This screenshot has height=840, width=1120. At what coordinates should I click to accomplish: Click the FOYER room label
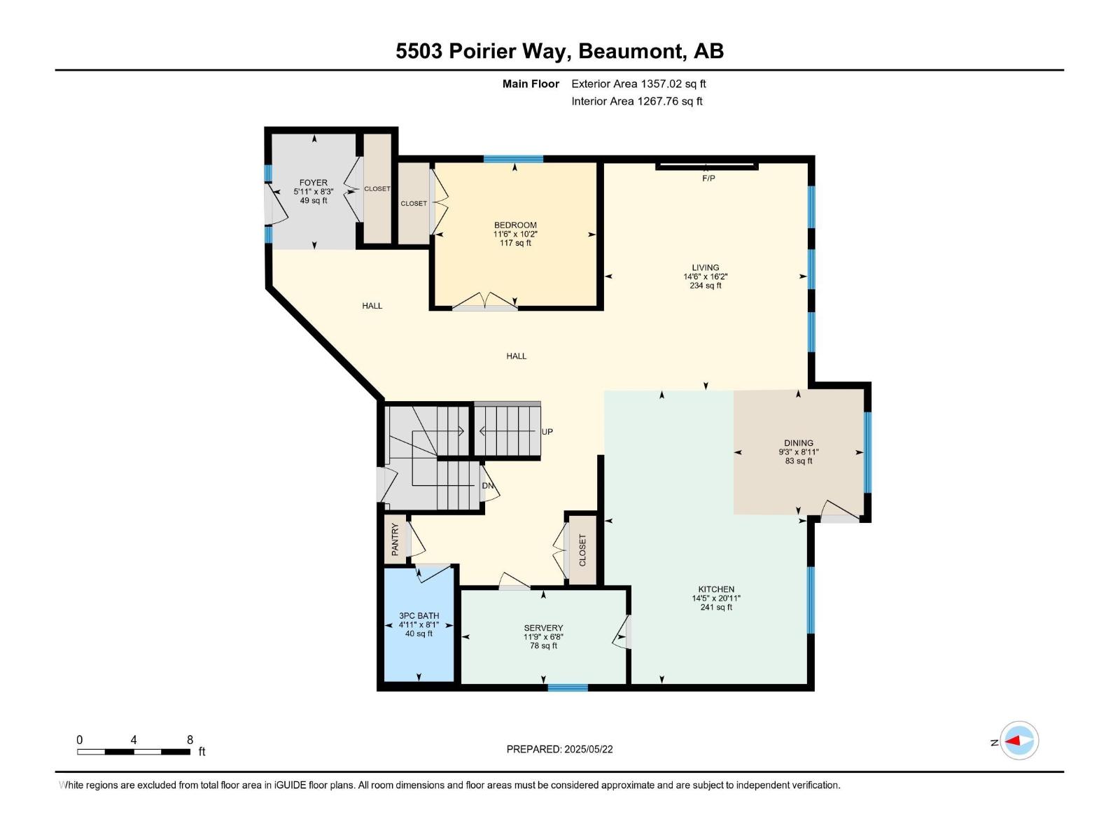point(313,183)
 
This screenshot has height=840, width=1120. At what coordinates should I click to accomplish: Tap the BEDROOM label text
point(515,225)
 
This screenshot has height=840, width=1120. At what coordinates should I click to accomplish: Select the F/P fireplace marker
point(708,178)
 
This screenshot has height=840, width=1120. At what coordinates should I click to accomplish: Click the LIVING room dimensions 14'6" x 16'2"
point(705,276)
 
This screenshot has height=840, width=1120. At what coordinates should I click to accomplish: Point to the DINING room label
point(799,443)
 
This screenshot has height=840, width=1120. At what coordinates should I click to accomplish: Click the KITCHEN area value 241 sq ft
point(716,608)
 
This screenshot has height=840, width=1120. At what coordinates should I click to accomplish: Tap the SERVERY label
point(543,628)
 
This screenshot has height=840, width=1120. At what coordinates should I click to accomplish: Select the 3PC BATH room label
point(419,616)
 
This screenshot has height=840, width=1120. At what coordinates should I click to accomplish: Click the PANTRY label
point(395,539)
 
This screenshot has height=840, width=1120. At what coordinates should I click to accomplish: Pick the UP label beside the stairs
point(547,432)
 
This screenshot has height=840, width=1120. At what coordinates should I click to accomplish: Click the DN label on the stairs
point(487,486)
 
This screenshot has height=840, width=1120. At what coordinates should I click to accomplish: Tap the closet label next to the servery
point(582,551)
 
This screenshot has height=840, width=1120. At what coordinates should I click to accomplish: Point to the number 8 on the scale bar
point(190,740)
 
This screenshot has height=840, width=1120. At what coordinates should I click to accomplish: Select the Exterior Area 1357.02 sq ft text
point(638,84)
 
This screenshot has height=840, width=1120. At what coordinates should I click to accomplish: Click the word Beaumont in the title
point(631,51)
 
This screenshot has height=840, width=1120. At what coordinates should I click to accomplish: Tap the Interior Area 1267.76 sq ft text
point(636,101)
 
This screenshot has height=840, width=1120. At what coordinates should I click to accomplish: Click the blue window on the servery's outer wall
point(568,687)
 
